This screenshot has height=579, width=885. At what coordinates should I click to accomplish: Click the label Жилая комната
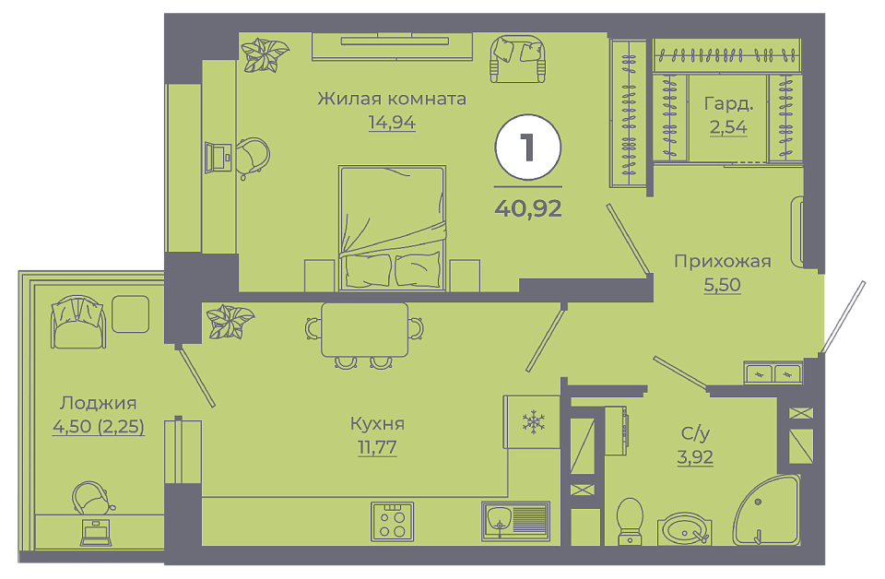(x=392, y=99)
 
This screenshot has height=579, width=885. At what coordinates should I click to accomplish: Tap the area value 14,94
(x=392, y=122)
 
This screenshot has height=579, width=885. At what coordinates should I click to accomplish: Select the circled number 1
(x=527, y=147)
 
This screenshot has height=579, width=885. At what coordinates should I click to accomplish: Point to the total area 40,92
(x=528, y=208)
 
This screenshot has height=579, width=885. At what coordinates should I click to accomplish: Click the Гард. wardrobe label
(x=728, y=104)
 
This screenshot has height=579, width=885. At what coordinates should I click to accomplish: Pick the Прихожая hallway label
(x=723, y=261)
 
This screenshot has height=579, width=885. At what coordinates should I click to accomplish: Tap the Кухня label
(x=377, y=423)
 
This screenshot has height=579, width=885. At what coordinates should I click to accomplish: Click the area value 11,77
(x=377, y=447)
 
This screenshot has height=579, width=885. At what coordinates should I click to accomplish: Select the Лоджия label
(x=99, y=403)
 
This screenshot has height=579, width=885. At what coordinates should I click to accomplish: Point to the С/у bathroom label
(x=695, y=432)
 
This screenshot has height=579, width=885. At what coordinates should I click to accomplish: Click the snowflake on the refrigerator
(x=533, y=422)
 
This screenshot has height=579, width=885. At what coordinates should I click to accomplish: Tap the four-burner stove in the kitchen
(x=393, y=522)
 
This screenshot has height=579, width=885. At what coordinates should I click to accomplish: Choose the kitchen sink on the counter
(x=516, y=520)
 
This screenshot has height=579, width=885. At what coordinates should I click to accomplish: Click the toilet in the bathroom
(x=630, y=521)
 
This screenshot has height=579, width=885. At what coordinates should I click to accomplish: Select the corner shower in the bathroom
(x=768, y=511)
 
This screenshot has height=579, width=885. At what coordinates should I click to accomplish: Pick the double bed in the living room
(x=393, y=228)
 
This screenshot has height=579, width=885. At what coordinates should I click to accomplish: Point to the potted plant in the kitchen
(x=230, y=321)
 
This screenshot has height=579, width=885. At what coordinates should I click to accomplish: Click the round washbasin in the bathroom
(x=684, y=529)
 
